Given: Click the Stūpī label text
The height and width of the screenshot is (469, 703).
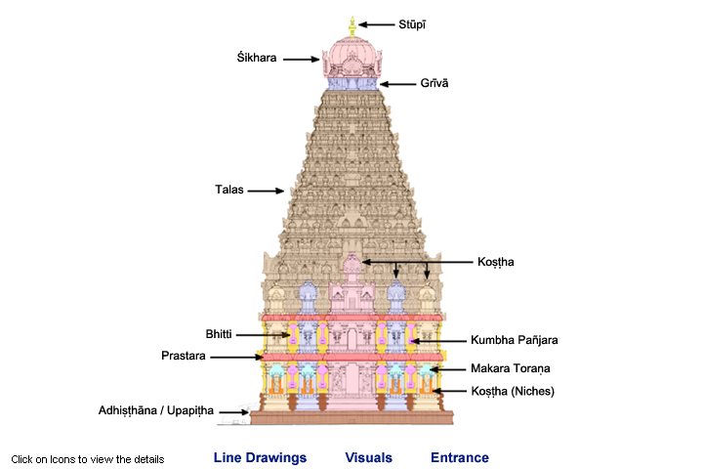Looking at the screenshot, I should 412,23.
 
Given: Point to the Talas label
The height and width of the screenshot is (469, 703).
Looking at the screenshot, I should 229,191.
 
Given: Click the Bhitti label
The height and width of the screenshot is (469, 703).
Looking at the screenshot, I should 220,334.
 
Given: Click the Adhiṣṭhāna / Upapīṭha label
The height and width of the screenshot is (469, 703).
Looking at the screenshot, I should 155,411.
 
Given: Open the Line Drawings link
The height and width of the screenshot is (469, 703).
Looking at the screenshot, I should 260,457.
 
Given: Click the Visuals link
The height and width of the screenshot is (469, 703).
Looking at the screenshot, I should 369,457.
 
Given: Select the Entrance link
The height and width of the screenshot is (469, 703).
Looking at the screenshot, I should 460,457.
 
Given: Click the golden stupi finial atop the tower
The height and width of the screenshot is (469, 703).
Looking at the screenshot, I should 351,24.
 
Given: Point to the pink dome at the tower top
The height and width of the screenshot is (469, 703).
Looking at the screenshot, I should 351,54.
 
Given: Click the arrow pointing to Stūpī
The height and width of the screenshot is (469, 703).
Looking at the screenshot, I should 376,23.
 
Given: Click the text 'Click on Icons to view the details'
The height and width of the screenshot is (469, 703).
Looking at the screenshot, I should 88,458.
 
